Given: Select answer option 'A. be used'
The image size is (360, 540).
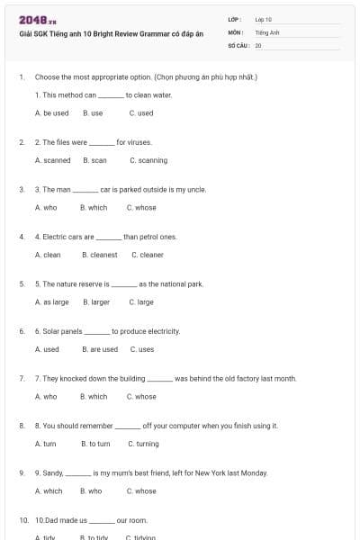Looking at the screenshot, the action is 51,113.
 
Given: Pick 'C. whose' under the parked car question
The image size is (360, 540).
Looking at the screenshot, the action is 141,208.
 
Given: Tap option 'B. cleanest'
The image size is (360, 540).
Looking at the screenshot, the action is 99,255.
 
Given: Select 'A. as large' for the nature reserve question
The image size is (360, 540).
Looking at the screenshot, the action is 51,302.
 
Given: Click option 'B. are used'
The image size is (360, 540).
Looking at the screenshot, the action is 99,349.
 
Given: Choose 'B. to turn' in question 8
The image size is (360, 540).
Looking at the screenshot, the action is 95,444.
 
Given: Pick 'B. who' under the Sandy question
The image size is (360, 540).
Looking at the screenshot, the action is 91,491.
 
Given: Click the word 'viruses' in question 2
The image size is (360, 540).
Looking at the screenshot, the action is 139,142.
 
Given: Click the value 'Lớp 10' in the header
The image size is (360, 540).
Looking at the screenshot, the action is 263,18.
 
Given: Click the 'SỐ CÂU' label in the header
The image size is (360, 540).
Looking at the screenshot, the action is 238,44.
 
